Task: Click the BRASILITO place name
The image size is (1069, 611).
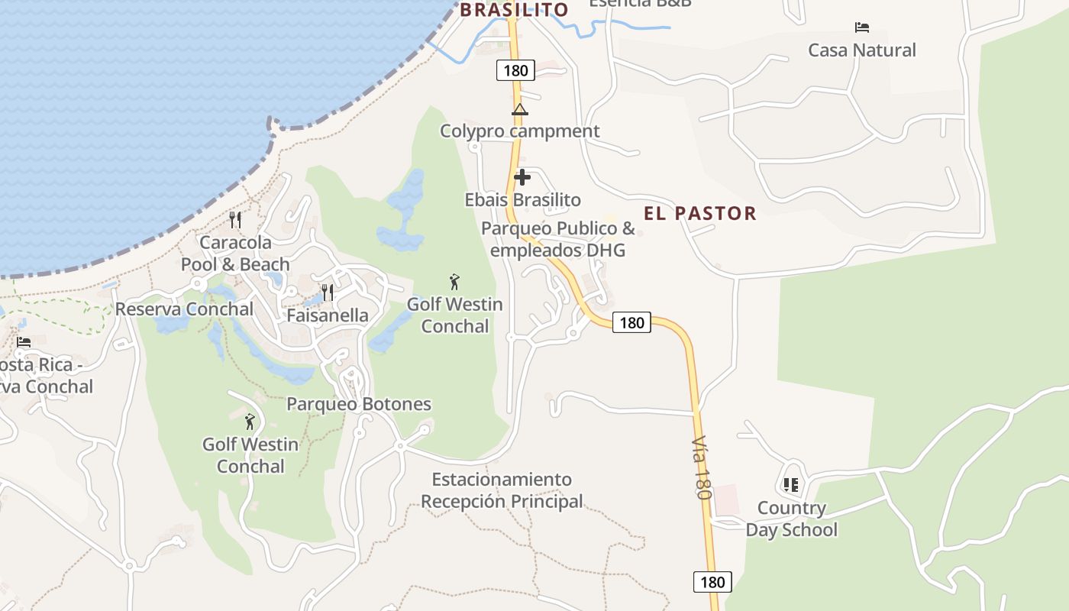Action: click(x=514, y=10)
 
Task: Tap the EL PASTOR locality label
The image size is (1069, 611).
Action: click(x=699, y=213)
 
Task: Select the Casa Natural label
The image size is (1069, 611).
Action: click(x=862, y=50)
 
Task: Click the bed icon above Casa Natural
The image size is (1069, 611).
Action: click(x=862, y=27)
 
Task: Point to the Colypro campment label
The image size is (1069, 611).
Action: click(x=520, y=131)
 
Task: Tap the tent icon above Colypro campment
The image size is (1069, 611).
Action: click(x=520, y=109)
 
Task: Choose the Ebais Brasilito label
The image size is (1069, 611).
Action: click(x=522, y=200)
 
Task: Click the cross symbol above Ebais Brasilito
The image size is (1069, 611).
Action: click(x=522, y=178)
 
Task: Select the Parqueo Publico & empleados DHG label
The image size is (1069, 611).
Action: click(x=557, y=239)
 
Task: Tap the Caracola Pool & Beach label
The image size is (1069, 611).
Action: click(x=235, y=254)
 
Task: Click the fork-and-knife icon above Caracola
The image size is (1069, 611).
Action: click(x=235, y=220)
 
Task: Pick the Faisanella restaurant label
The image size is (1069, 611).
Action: click(x=328, y=315)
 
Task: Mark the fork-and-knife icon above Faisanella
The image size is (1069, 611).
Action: click(x=328, y=293)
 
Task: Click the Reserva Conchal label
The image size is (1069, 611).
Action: click(x=184, y=309)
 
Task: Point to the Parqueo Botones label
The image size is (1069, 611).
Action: click(x=359, y=404)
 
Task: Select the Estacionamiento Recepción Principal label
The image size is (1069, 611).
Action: click(x=502, y=490)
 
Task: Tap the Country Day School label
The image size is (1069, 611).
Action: click(x=791, y=519)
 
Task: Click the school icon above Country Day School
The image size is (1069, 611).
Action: click(x=791, y=485)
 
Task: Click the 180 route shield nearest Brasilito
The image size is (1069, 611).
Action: click(x=515, y=70)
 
